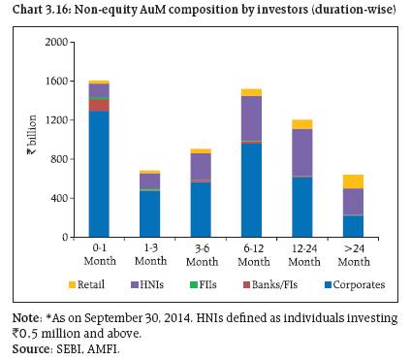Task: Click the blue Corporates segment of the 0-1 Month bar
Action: tap(99, 174)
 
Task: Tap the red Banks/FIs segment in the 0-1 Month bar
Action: tap(99, 105)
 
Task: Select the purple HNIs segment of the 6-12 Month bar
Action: tap(251, 118)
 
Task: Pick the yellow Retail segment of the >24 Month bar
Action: tap(353, 181)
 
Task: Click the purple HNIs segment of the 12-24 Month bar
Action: tap(302, 152)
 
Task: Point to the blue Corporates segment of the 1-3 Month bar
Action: tap(150, 214)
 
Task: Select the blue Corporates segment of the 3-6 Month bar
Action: tap(201, 210)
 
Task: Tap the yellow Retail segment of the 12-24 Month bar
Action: tap(302, 124)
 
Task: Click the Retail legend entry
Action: tap(86, 284)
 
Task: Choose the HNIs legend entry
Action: tap(147, 284)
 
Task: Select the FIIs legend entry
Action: tap(204, 284)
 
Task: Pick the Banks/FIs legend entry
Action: tap(270, 284)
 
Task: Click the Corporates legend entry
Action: tap(355, 284)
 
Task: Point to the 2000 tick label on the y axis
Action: tap(56, 42)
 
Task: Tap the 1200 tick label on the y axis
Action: tap(56, 120)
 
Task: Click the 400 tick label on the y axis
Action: tap(59, 198)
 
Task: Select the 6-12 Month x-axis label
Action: tap(254, 255)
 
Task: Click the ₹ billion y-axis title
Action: tap(32, 135)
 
